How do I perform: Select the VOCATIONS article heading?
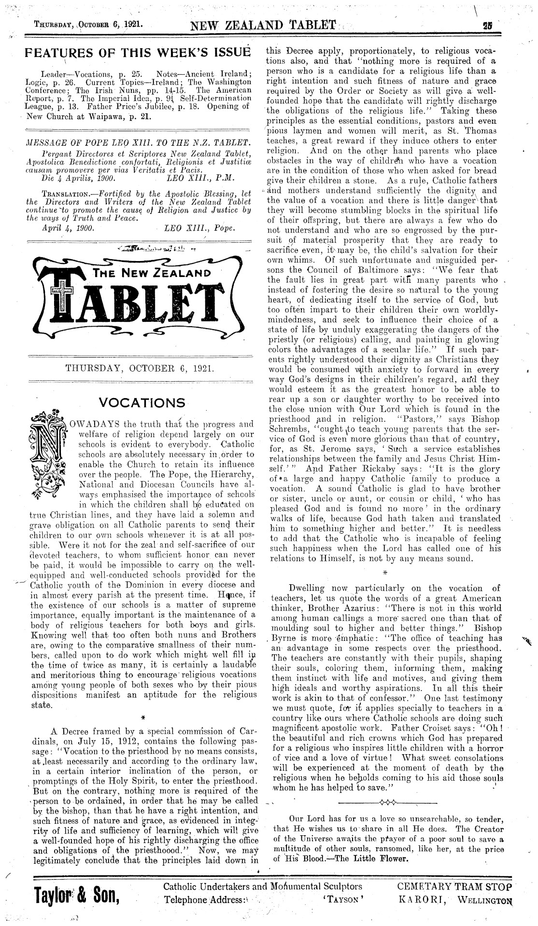point(142,402)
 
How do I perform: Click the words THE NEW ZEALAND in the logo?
point(153,273)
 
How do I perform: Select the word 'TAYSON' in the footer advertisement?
point(342,899)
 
